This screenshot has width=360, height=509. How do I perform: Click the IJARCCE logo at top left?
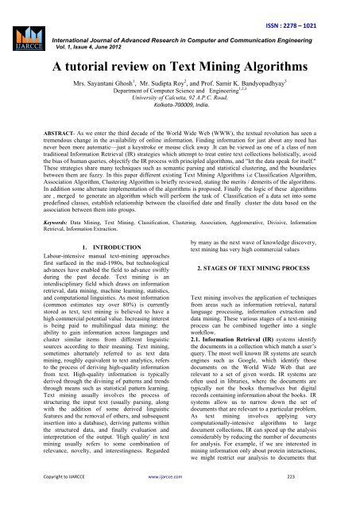coord(24,31)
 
